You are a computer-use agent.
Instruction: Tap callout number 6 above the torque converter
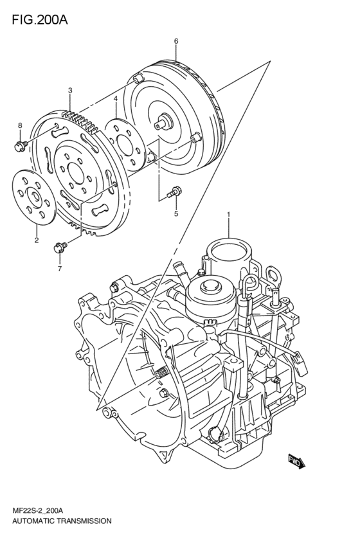click(x=175, y=42)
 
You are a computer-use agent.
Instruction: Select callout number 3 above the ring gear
click(x=69, y=91)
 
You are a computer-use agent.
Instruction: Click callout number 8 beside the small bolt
click(x=20, y=125)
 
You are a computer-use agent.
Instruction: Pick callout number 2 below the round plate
click(x=36, y=241)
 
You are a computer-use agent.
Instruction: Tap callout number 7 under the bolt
click(x=60, y=268)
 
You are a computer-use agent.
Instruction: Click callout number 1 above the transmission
click(x=228, y=213)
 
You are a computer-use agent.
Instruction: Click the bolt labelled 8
click(x=19, y=146)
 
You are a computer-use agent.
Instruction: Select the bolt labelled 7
click(x=60, y=245)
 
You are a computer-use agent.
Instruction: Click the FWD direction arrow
click(x=298, y=460)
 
